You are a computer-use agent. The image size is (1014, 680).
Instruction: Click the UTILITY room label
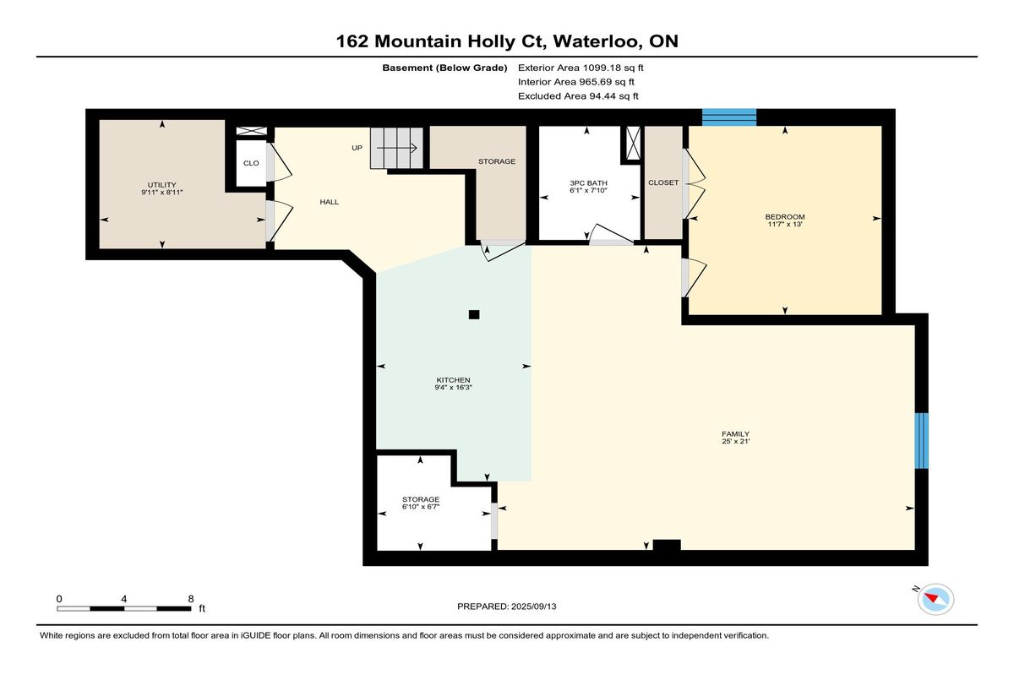click(161, 185)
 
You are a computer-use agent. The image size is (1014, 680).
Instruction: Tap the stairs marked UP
click(396, 148)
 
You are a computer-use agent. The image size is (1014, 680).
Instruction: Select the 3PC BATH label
click(588, 182)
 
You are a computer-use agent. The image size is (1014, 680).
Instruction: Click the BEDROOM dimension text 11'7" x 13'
click(785, 224)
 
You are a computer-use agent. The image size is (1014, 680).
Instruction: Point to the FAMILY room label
click(736, 434)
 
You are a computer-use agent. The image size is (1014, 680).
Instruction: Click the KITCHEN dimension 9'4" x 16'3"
click(453, 387)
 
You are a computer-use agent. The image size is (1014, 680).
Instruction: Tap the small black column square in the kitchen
click(474, 314)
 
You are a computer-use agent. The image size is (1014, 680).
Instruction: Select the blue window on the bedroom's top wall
click(728, 117)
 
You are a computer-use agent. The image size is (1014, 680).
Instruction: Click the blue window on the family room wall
click(921, 441)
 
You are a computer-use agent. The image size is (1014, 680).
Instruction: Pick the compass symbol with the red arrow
click(935, 599)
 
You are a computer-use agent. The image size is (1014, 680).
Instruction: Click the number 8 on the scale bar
click(191, 599)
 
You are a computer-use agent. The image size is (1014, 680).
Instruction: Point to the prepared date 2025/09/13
click(534, 607)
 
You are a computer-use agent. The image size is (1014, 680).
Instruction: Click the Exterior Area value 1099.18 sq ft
click(613, 68)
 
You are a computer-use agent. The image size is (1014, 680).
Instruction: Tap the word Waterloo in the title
click(597, 41)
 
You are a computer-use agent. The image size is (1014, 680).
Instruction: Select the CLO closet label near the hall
click(251, 163)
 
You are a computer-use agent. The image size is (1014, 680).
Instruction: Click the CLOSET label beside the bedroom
click(663, 182)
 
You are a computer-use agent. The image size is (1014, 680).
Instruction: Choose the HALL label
click(329, 202)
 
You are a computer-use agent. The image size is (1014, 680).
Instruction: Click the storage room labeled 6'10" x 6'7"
click(421, 503)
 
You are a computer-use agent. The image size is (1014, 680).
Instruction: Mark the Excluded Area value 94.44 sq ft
click(613, 96)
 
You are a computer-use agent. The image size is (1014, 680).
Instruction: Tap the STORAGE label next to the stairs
click(497, 161)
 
